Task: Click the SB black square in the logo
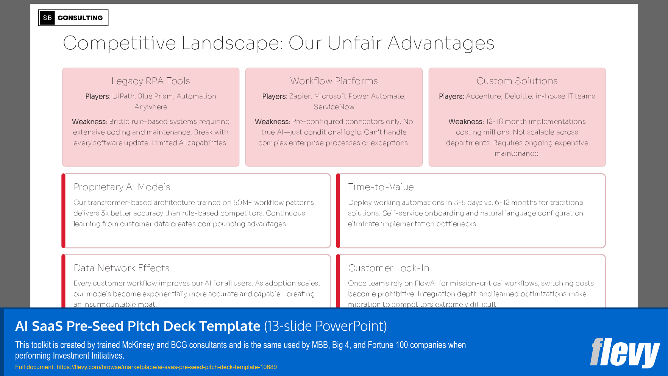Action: [47, 18]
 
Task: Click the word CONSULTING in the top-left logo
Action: [80, 18]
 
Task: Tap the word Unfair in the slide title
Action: [355, 43]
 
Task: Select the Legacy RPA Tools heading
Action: [151, 81]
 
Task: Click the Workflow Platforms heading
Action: [334, 81]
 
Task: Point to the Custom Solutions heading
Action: [517, 81]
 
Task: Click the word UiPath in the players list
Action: [123, 96]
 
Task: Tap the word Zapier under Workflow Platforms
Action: [300, 96]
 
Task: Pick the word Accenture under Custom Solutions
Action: [483, 96]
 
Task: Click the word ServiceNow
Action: [334, 107]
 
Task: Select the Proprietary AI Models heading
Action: [122, 187]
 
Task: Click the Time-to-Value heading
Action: [381, 187]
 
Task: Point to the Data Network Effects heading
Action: [122, 268]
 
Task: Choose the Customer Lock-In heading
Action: [389, 268]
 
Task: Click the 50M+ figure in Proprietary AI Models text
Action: [242, 203]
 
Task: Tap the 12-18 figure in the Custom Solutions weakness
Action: [494, 122]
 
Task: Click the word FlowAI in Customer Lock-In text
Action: [426, 283]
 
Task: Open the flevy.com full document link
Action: [167, 367]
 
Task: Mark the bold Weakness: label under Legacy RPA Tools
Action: [90, 122]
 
